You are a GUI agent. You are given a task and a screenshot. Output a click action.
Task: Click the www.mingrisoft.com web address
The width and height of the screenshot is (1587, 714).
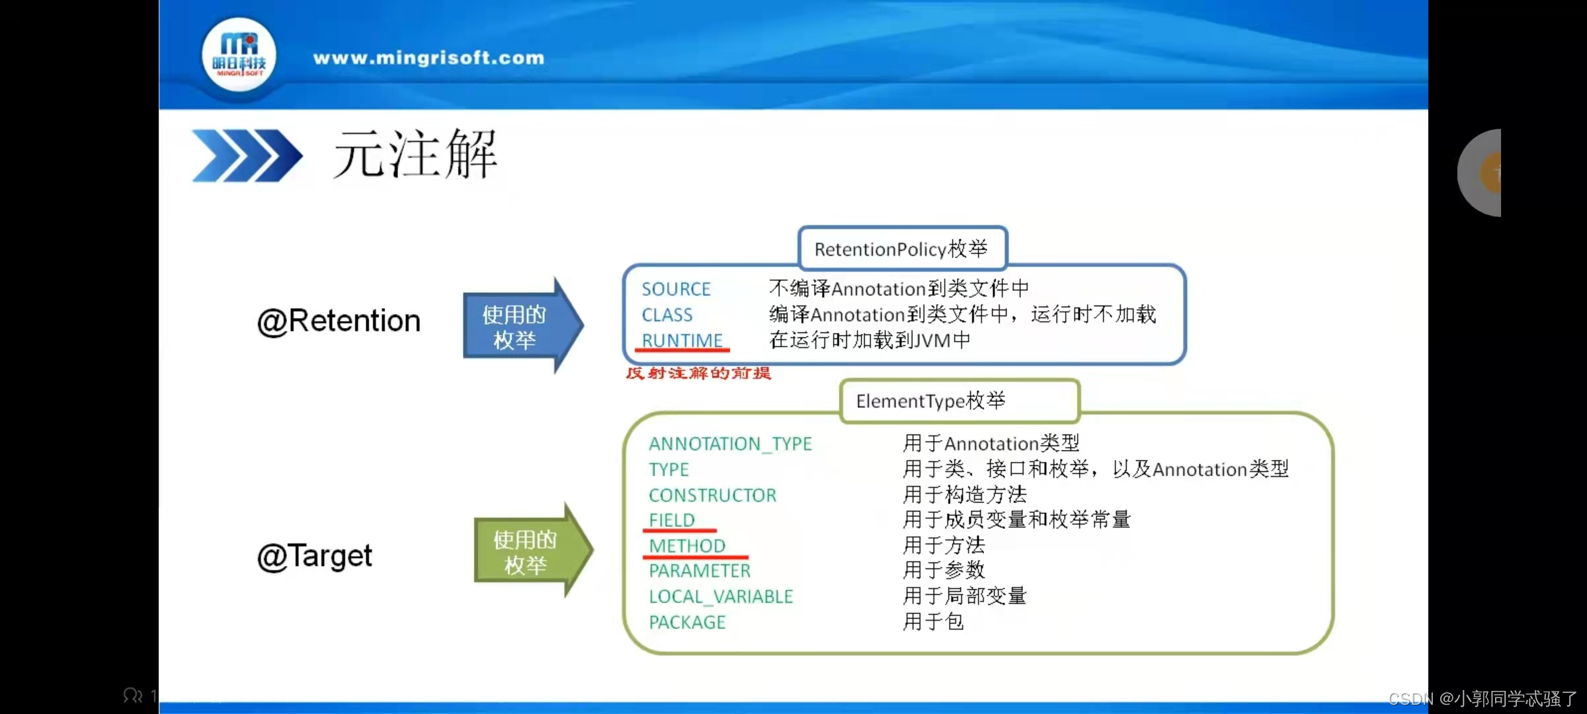point(428,58)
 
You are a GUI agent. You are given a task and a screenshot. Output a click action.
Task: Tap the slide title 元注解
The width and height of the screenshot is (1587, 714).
point(415,154)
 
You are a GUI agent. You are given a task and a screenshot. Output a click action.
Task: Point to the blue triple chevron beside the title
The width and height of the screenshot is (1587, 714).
point(247,155)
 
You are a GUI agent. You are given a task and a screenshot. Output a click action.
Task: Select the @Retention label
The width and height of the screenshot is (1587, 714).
point(339,321)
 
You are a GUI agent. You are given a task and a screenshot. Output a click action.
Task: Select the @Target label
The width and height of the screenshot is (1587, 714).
point(315,557)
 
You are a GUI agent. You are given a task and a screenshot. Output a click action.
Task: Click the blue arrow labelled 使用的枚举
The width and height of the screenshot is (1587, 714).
point(523,325)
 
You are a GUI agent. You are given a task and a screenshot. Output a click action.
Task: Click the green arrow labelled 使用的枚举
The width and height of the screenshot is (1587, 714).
point(534,550)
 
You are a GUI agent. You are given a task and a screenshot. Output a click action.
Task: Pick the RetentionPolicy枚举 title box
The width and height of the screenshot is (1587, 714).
point(902,249)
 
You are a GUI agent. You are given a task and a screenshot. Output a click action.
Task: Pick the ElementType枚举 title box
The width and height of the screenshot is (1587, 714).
point(959,401)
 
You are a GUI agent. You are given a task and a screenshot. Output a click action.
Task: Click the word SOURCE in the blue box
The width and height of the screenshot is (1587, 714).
point(676,289)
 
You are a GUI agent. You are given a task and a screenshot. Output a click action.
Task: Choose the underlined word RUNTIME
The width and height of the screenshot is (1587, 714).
point(682,340)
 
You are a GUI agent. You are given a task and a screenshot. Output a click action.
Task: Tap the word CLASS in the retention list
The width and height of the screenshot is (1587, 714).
point(667,315)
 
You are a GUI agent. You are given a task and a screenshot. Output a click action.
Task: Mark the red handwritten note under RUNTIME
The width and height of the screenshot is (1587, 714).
point(699,373)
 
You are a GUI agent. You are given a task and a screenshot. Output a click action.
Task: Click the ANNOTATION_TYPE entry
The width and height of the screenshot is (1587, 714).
point(730,444)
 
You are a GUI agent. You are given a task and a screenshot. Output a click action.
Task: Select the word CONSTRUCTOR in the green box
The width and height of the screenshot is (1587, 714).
point(712,495)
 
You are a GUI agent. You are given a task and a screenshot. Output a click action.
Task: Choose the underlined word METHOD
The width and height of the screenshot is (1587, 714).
point(687,545)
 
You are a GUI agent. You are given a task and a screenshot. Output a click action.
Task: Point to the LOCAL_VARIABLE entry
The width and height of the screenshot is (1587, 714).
point(721,596)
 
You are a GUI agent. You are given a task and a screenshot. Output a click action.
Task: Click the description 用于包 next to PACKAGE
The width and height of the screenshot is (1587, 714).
point(934,621)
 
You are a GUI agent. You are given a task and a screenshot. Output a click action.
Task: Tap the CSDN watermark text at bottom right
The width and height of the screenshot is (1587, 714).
point(1483,698)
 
